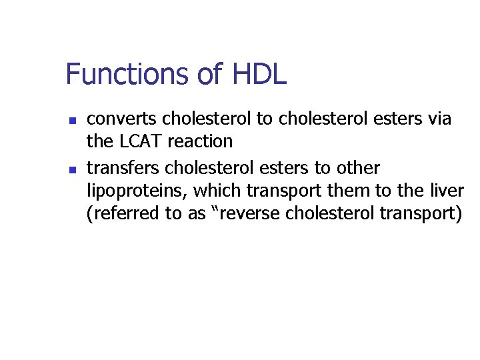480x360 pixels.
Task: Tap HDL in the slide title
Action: click(x=259, y=74)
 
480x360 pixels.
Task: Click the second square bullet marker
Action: click(x=73, y=169)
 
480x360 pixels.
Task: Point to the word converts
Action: click(x=122, y=119)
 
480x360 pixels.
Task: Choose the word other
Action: click(x=357, y=167)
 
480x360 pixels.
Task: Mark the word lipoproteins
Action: click(x=137, y=191)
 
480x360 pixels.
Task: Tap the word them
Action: click(x=341, y=191)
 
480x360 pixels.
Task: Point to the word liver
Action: click(x=446, y=191)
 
